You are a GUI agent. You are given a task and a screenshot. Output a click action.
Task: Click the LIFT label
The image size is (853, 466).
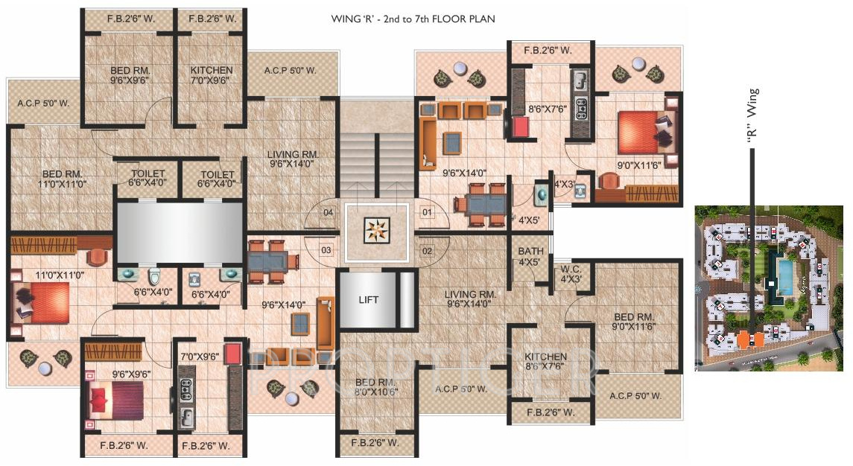pos(368,300)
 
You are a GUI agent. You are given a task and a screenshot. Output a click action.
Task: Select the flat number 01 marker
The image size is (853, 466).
pos(427,212)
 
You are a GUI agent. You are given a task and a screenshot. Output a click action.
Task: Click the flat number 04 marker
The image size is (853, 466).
pos(326,212)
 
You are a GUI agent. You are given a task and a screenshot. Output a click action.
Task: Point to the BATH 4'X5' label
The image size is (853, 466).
pos(530,257)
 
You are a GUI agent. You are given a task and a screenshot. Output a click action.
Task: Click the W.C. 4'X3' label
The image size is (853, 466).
pos(571,274)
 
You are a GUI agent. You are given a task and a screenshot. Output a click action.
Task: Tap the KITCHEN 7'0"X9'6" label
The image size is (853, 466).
pos(212,75)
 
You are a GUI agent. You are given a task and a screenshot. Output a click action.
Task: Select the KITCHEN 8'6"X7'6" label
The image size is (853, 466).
pos(546,362)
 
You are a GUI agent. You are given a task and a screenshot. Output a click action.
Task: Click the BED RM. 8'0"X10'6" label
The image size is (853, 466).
pos(376,389)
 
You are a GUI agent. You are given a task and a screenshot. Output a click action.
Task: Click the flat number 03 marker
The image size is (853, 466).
pos(326,250)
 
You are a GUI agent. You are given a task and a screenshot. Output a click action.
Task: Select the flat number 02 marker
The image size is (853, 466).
pos(427,250)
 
